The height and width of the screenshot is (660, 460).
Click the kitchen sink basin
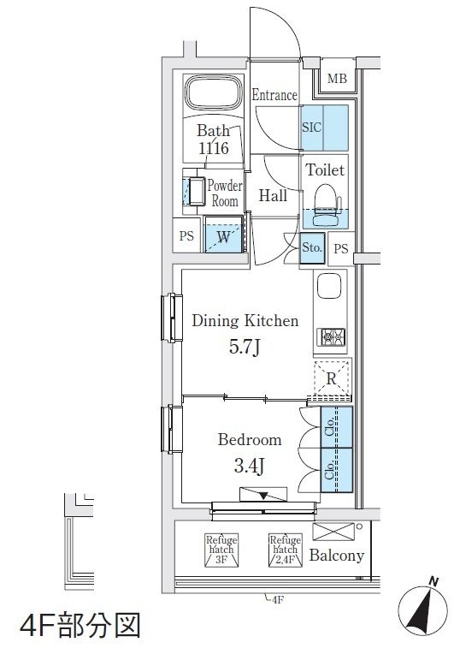(328, 287)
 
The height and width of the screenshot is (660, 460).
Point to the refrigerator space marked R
(332, 378)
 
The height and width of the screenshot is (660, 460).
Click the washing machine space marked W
(223, 235)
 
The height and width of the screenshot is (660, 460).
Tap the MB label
(337, 78)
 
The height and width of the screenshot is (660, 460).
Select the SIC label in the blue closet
(311, 127)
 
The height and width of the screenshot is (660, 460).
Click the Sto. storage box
(312, 248)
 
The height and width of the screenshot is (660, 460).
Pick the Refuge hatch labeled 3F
(221, 550)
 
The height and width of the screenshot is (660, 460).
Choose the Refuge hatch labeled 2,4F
(285, 550)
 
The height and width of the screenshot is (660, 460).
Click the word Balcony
(336, 556)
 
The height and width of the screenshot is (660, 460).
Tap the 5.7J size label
(245, 348)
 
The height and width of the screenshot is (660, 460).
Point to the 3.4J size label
(249, 466)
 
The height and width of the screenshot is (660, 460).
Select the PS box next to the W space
(186, 235)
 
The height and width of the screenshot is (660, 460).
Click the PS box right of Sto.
(341, 249)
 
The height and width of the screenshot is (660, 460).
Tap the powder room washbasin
(197, 191)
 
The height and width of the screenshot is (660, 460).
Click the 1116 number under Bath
(214, 148)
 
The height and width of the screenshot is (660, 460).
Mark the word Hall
(274, 195)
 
